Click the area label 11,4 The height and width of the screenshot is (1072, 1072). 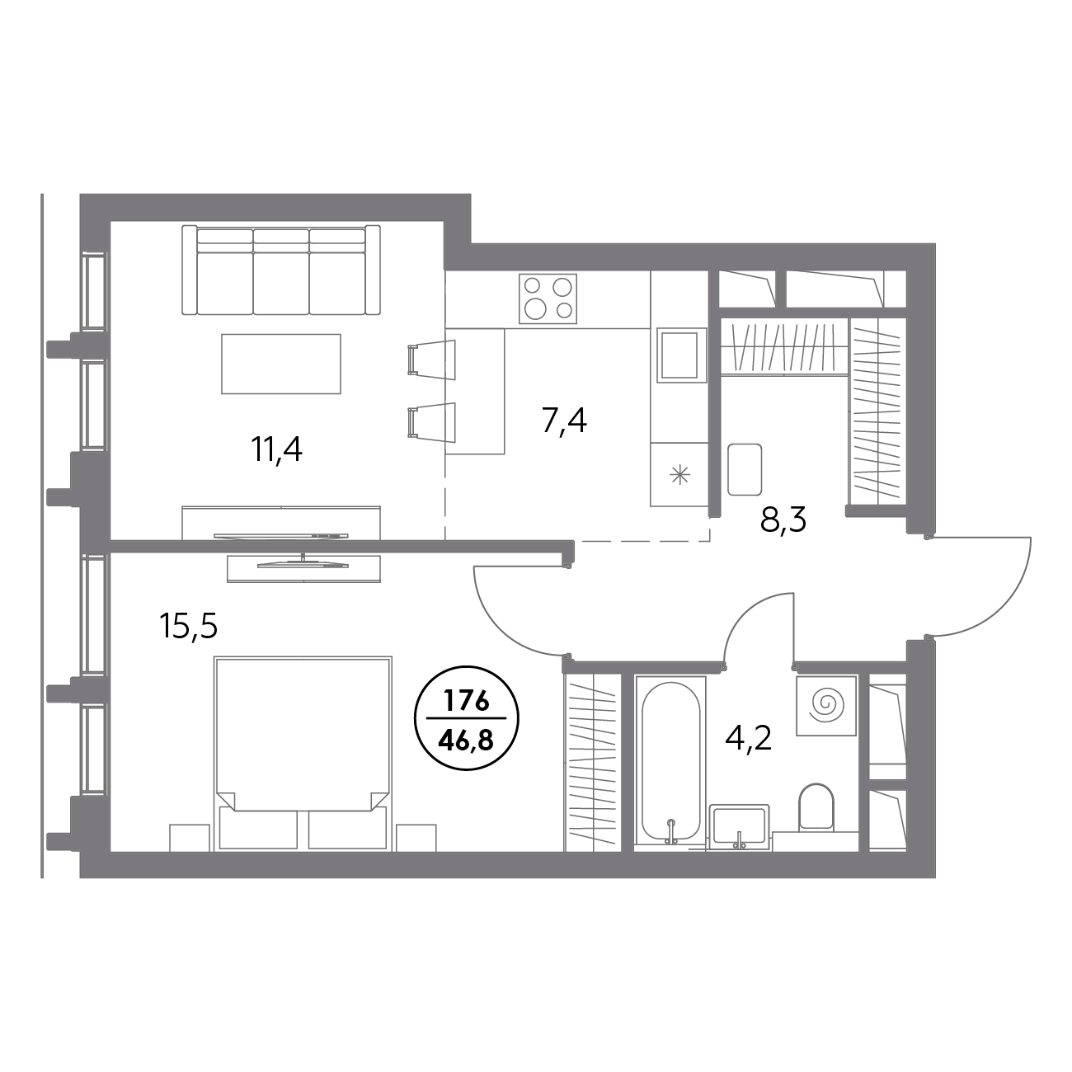pos(276,450)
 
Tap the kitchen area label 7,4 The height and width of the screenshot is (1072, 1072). pos(563,421)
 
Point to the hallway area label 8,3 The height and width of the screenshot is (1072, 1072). pos(783,520)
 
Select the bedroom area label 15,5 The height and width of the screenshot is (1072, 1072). pos(188,627)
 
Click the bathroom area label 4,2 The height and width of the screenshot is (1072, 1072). pos(749,738)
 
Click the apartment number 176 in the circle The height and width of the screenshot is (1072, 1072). pos(466,703)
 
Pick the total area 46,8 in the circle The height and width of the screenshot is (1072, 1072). pos(466,741)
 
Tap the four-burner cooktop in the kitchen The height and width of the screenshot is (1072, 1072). pos(548,299)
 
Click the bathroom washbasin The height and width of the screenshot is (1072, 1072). pos(740,828)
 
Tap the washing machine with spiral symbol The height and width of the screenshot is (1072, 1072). pos(826,706)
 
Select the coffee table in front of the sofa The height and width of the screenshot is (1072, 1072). pos(281,364)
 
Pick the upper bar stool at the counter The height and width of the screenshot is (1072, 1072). pos(432,360)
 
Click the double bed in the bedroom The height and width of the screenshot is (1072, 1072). pos(303,755)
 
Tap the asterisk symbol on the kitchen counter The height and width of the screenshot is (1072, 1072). pos(679,475)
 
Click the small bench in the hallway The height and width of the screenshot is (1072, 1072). pos(745,469)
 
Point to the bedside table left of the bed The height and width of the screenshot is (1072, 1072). pos(190,838)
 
